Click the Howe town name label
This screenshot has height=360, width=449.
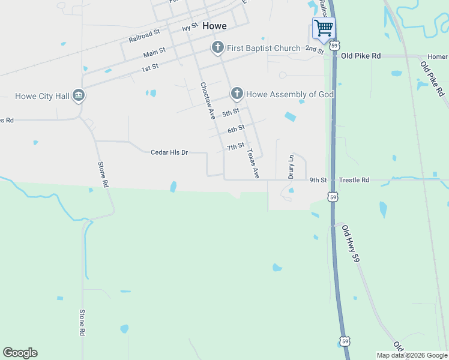(214, 26)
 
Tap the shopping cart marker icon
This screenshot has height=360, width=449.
(324, 28)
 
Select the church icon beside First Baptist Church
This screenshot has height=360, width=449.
(217, 47)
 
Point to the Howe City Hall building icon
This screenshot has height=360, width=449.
(79, 95)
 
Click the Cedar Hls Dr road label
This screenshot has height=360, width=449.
(169, 152)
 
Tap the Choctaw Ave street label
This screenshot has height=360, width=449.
(208, 101)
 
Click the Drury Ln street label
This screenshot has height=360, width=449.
(291, 167)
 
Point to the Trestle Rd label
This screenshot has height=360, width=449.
(354, 179)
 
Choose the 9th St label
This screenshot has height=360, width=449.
(318, 179)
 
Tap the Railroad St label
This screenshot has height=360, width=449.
(144, 36)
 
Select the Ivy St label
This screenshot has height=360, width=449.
(190, 27)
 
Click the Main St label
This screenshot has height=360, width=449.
(154, 53)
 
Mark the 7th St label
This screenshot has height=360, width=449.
(235, 146)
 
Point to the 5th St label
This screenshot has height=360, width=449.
(231, 112)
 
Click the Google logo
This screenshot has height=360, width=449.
(20, 353)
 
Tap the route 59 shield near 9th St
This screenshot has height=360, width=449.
(333, 196)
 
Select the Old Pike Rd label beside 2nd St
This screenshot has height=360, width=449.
(361, 55)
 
